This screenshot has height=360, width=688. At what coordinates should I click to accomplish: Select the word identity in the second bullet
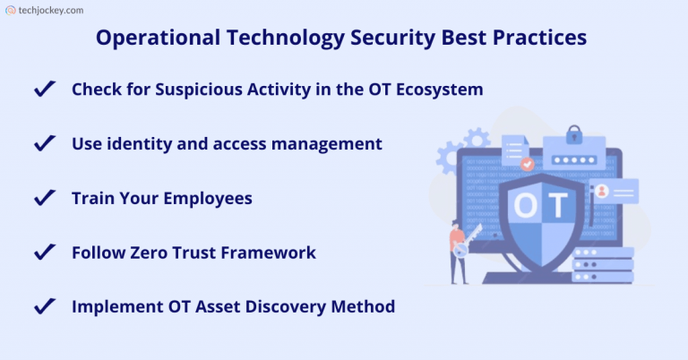click(x=137, y=143)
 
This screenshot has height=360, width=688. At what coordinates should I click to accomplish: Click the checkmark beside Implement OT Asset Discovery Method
click(x=43, y=306)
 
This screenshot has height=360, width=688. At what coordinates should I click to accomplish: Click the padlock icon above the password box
click(x=574, y=138)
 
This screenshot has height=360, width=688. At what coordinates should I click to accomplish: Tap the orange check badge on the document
click(x=528, y=164)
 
